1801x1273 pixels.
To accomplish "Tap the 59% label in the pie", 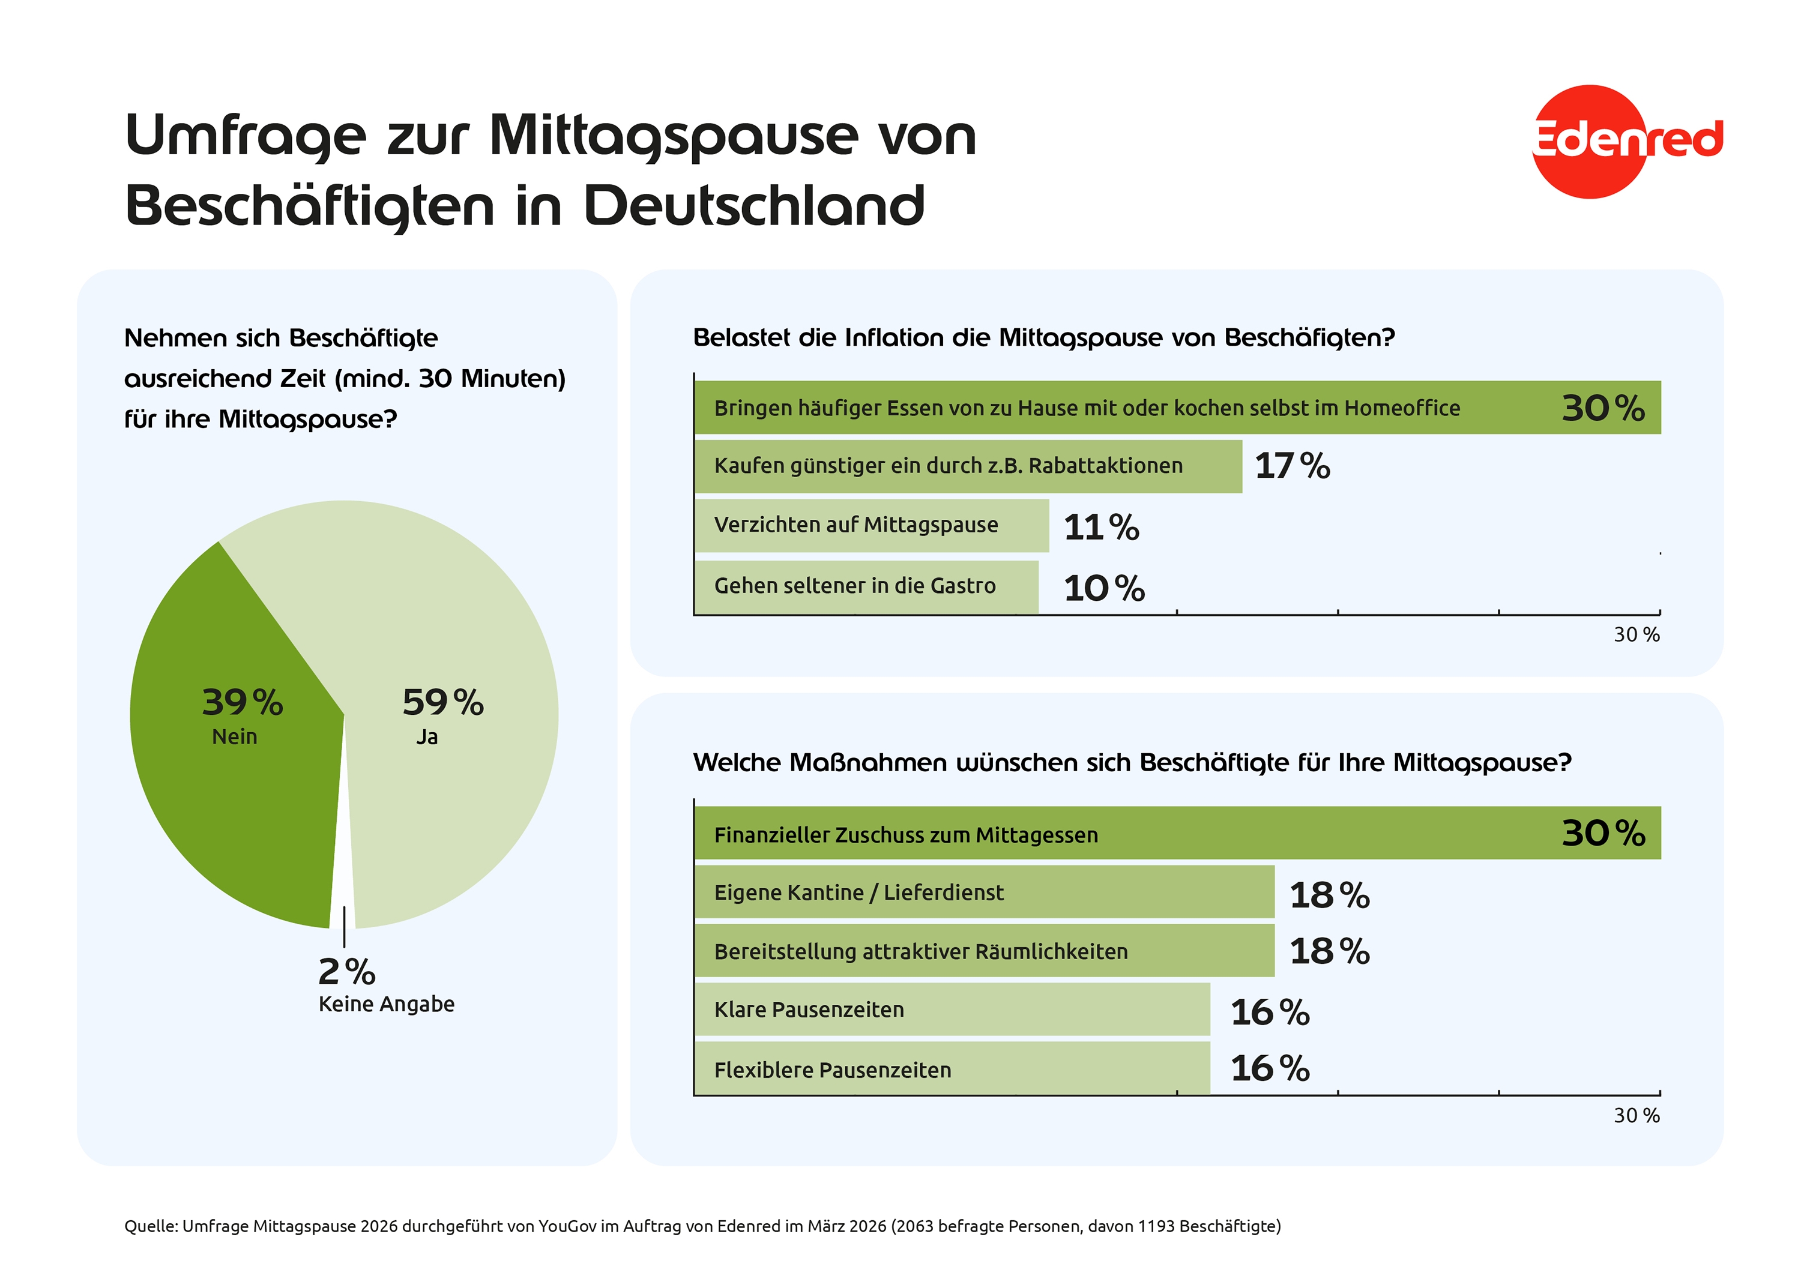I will (442, 702).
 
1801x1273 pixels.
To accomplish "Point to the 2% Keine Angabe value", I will (347, 972).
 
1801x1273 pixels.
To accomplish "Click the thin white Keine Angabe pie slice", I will (342, 902).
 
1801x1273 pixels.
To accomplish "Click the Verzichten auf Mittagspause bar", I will (870, 526).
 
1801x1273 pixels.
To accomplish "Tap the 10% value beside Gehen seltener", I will (1103, 588).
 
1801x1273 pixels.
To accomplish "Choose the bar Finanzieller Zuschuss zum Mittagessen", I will (1177, 833).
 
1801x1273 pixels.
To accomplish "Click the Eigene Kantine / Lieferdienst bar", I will (984, 892).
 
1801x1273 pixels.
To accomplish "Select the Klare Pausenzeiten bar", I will (952, 1010).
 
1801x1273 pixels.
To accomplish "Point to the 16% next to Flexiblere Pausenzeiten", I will (1269, 1068).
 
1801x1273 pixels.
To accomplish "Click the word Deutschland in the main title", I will (754, 206).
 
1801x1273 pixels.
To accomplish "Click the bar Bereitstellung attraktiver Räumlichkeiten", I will (984, 951).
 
